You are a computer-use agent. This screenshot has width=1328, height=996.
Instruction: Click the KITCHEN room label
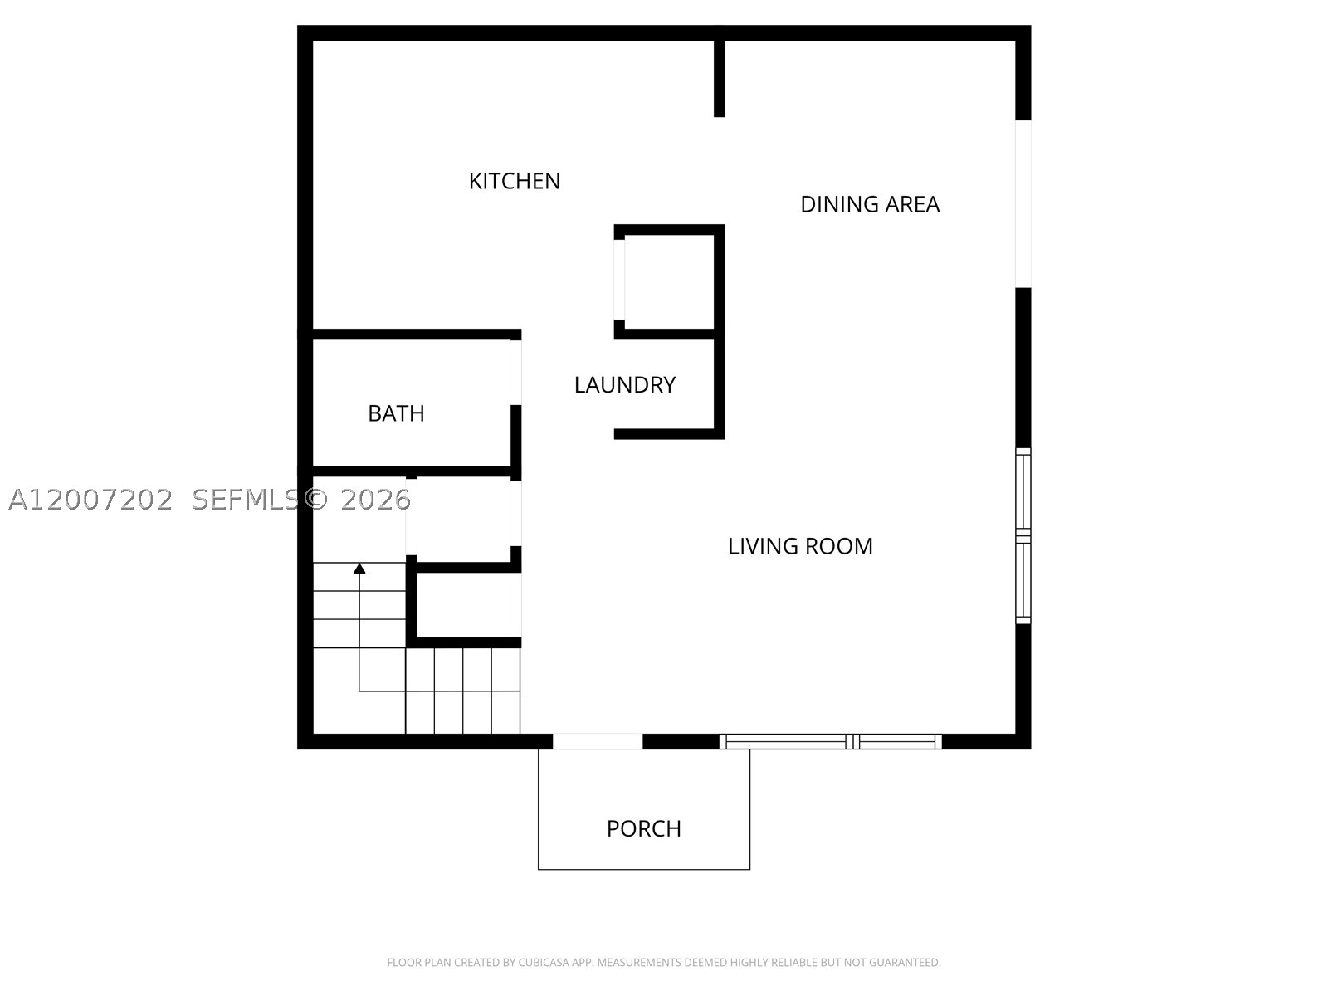[x=515, y=181]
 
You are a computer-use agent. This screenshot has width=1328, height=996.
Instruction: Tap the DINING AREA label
[x=869, y=204]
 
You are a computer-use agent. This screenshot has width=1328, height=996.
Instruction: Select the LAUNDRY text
[x=624, y=384]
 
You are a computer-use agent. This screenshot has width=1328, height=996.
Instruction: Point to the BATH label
[x=396, y=413]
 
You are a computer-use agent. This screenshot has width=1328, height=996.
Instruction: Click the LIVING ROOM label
[x=800, y=546]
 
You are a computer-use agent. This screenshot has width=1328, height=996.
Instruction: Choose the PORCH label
[x=644, y=828]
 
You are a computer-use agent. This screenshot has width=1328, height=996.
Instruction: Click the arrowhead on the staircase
[x=359, y=568]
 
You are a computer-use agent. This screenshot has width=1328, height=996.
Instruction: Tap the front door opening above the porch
[x=597, y=741]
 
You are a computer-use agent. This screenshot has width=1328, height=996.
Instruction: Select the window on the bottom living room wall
[x=830, y=741]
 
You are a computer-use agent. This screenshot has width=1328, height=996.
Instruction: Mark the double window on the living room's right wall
[x=1023, y=536]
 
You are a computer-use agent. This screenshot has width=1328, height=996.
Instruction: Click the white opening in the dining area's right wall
[x=1023, y=204]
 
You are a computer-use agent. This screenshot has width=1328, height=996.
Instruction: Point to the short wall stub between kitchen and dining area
[x=719, y=71]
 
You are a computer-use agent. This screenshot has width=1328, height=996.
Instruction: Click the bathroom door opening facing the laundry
[x=516, y=373]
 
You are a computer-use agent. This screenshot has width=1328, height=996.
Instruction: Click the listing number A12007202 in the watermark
[x=90, y=500]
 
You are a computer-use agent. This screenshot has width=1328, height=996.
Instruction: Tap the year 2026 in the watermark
[x=376, y=500]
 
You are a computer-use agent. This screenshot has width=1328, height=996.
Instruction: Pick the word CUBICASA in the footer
[x=539, y=962]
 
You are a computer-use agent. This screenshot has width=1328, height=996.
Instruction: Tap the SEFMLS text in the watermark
[x=246, y=500]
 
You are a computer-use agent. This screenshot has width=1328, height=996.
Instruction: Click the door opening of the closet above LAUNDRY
[x=619, y=280]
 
